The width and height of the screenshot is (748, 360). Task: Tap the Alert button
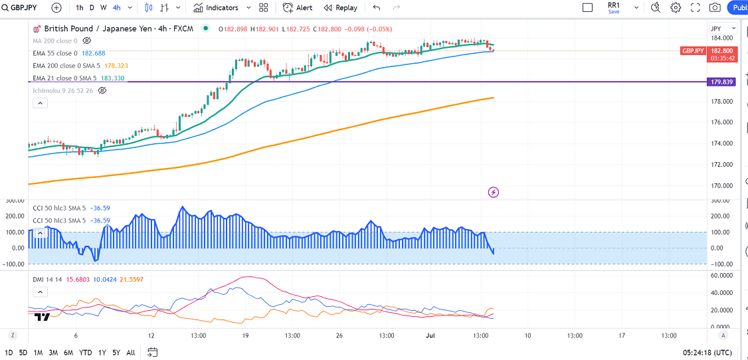298,8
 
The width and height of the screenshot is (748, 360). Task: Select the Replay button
340,8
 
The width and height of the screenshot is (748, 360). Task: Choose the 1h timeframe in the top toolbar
80,8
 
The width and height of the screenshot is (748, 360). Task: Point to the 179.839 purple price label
721,82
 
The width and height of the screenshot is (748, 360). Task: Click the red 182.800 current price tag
722,50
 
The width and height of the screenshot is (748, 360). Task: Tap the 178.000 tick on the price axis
721,101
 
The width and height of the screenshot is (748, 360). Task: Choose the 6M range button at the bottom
68,352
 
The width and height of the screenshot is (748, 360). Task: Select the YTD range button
86,352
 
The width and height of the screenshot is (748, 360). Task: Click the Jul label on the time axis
430,335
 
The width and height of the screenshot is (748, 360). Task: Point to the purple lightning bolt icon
494,193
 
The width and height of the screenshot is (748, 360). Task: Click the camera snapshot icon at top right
715,8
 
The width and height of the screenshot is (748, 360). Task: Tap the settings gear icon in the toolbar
676,8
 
